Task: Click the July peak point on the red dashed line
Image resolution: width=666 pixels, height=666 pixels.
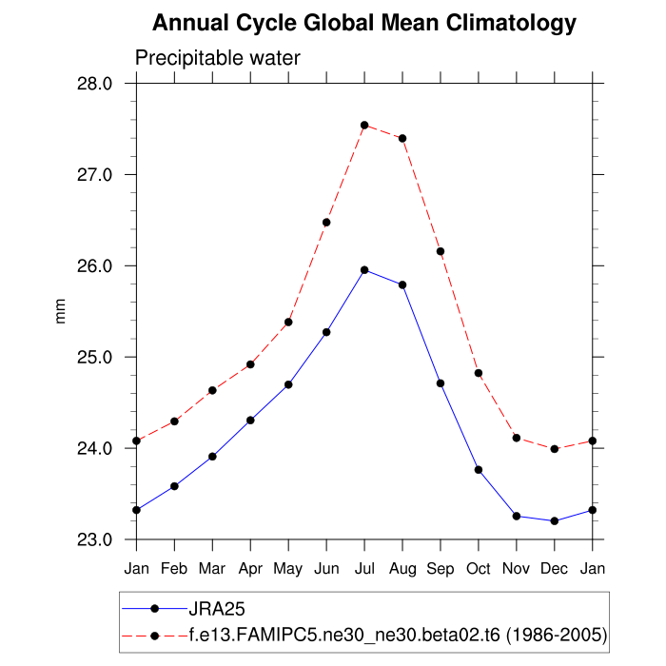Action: [x=364, y=125]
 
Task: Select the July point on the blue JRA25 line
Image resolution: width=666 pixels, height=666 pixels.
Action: [x=364, y=270]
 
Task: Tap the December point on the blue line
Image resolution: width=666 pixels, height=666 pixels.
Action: [x=555, y=520]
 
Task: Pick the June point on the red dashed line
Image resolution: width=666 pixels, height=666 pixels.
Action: [x=326, y=222]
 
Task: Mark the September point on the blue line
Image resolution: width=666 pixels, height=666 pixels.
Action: [x=441, y=382]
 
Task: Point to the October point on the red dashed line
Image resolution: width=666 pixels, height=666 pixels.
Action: [x=479, y=373]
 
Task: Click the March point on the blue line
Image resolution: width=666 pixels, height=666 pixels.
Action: [x=212, y=457]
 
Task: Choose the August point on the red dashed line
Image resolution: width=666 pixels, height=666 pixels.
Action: [x=402, y=138]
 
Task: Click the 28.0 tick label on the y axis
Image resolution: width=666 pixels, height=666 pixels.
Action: [x=94, y=84]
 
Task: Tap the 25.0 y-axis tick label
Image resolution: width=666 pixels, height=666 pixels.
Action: [x=94, y=357]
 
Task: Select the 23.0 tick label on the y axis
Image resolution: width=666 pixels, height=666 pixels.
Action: [x=94, y=539]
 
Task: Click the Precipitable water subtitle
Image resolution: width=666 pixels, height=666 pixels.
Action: [x=218, y=58]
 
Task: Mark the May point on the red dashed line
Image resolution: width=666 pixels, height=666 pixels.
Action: [x=288, y=322]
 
